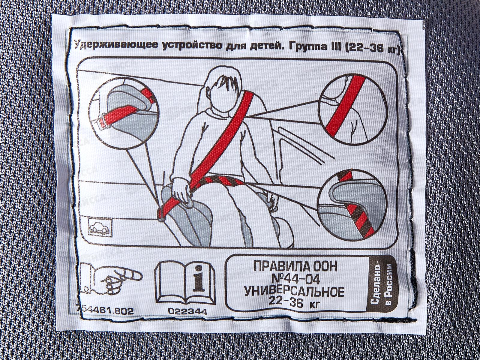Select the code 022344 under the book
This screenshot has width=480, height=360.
click(187, 312)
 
